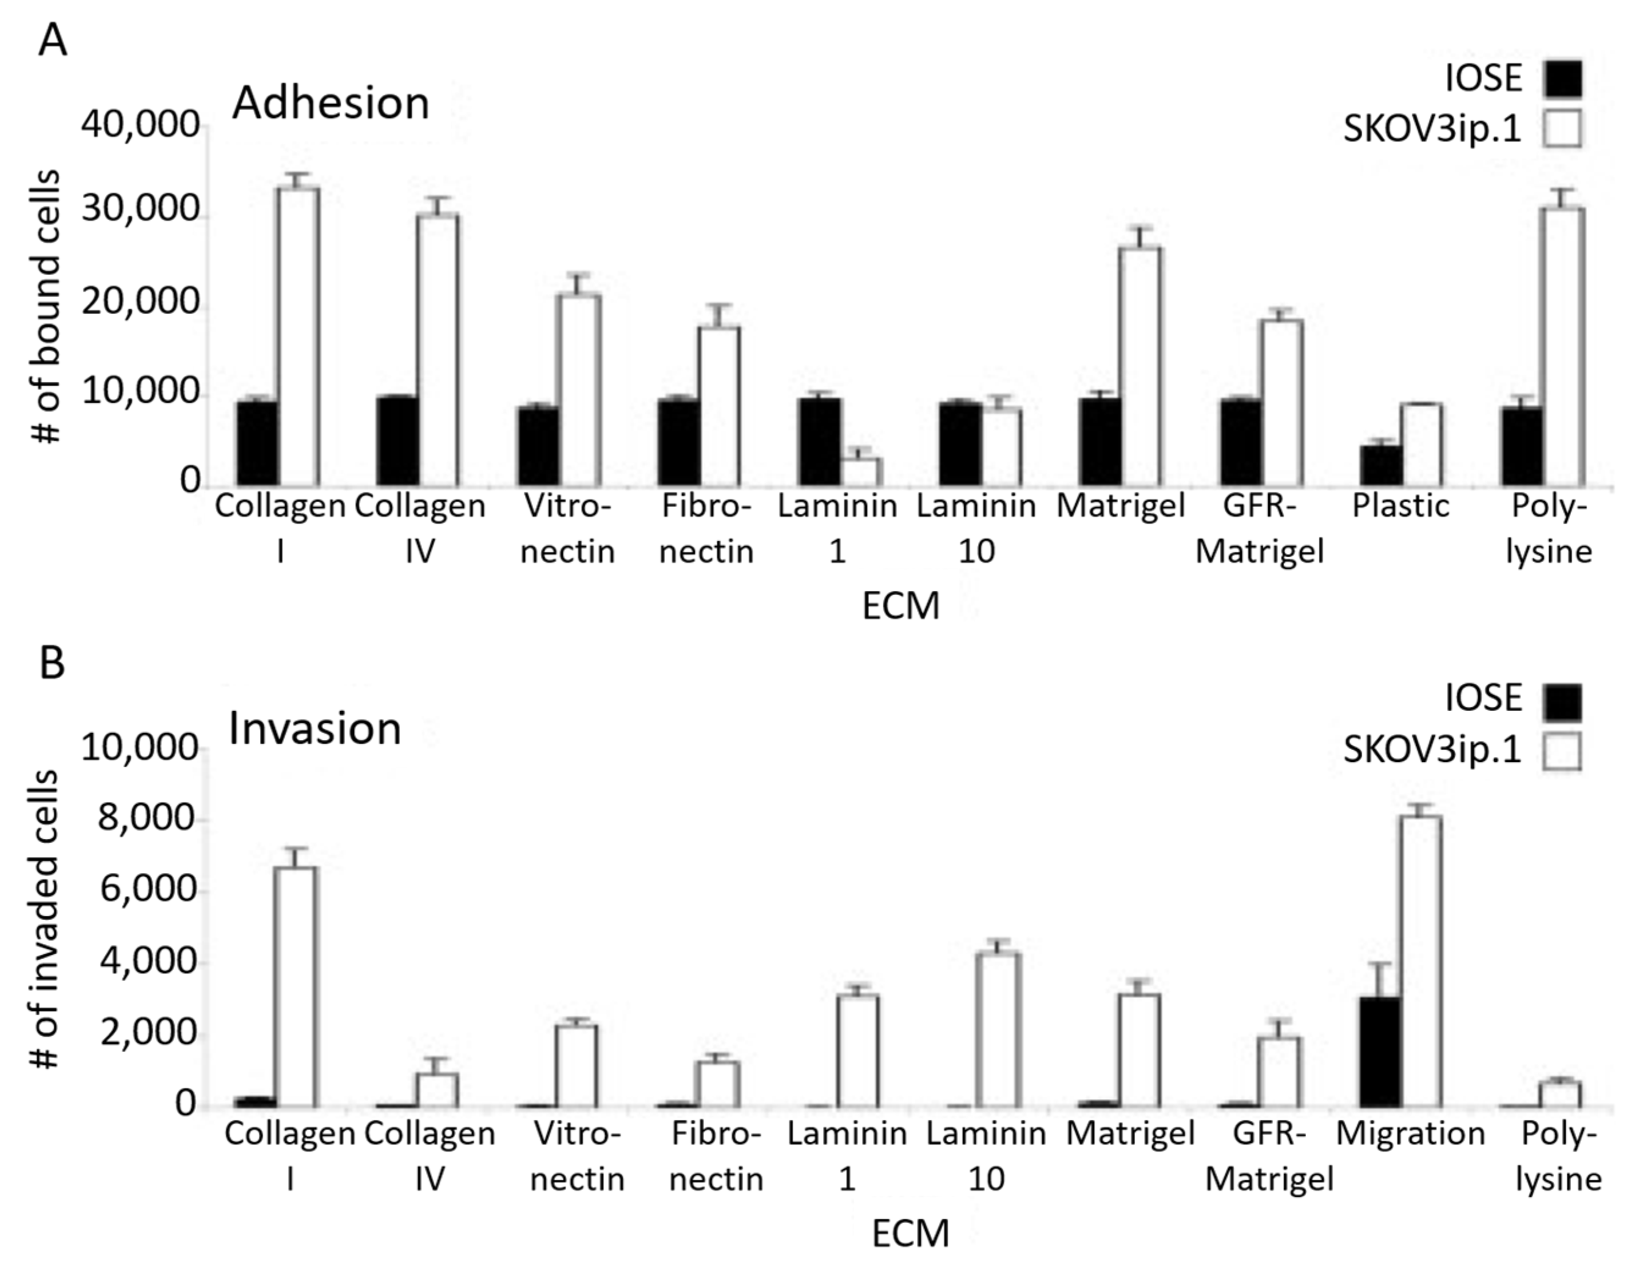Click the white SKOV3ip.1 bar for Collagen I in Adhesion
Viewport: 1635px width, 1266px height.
pos(299,337)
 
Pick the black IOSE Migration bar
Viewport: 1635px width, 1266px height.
pos(1381,1052)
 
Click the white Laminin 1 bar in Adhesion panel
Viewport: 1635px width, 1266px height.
pos(861,471)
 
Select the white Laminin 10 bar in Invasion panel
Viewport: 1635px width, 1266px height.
pos(1001,1030)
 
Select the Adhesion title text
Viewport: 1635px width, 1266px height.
pos(331,103)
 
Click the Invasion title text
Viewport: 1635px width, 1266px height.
pos(315,729)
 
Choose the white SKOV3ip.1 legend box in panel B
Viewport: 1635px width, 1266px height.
pos(1562,751)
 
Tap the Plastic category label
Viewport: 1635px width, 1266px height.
pos(1401,507)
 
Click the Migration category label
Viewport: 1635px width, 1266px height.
pos(1410,1133)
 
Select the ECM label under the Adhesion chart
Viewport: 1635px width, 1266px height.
pos(901,606)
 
